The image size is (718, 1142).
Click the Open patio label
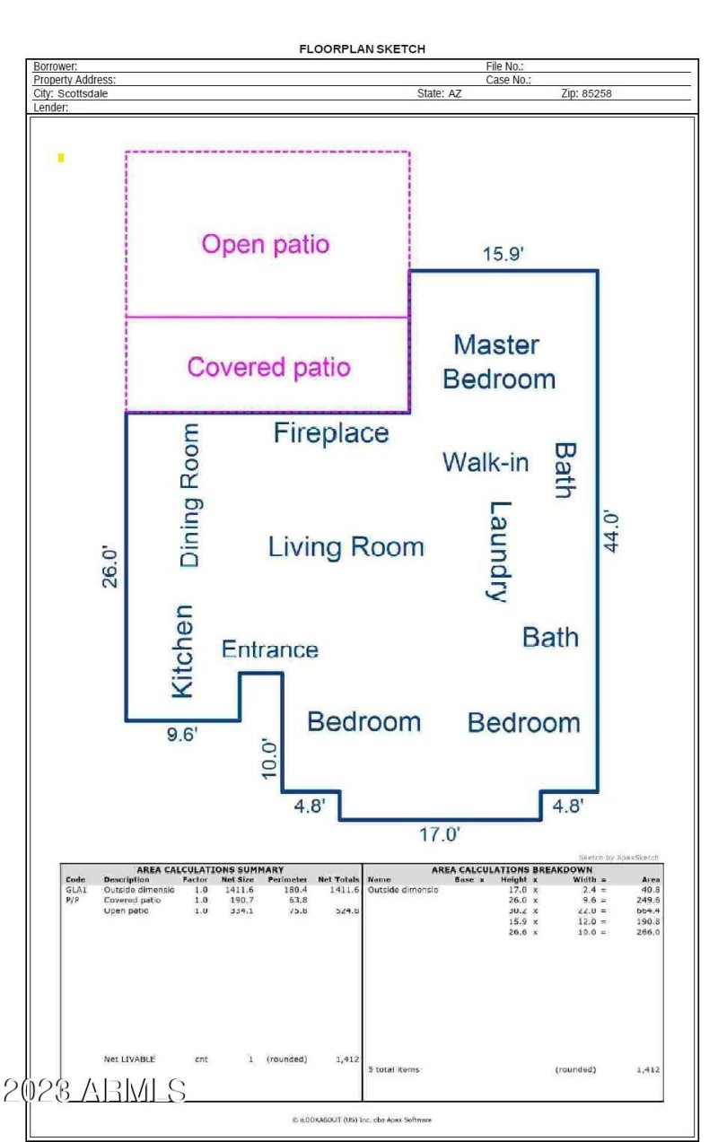[266, 244]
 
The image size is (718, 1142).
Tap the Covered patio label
[268, 367]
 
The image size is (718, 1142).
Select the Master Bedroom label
[498, 362]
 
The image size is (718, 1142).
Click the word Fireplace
[331, 433]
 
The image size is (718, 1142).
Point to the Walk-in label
[486, 463]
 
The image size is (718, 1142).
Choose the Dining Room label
[190, 495]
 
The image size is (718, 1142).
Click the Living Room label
[346, 546]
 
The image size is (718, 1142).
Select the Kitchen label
[182, 650]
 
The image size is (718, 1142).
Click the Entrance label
[270, 649]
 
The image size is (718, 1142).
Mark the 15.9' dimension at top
[503, 254]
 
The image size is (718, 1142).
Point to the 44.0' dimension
[611, 531]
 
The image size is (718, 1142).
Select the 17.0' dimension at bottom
[440, 834]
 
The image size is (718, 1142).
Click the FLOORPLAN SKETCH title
[362, 49]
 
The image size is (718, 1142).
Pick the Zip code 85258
[593, 93]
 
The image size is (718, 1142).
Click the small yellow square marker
[61, 158]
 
